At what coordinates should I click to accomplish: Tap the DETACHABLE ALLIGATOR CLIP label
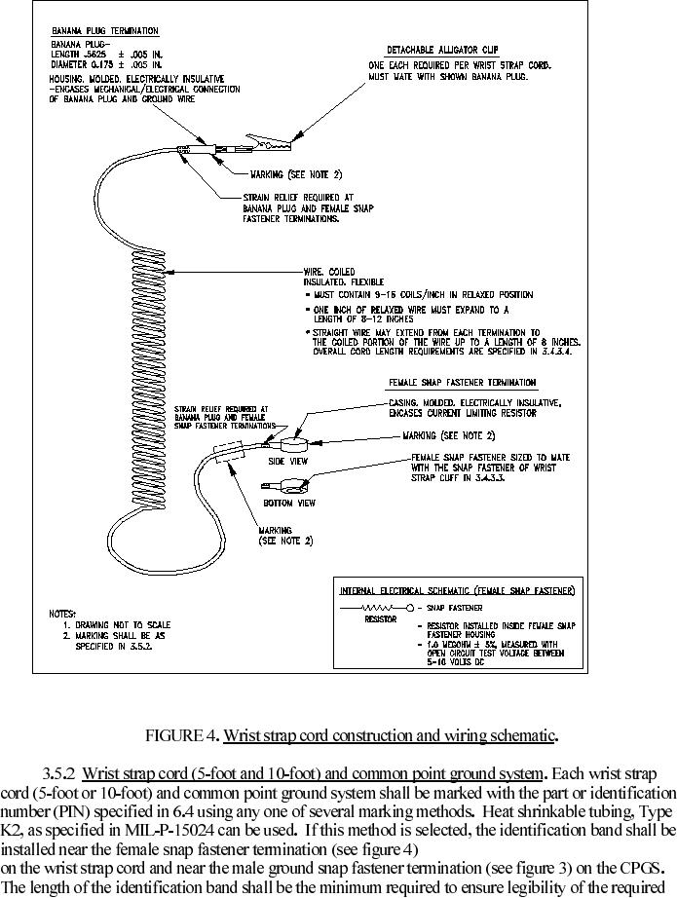tap(444, 50)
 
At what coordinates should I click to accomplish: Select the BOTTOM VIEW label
tap(289, 503)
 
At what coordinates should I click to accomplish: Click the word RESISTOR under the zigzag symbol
tap(380, 619)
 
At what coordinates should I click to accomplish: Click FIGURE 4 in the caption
tap(181, 734)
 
